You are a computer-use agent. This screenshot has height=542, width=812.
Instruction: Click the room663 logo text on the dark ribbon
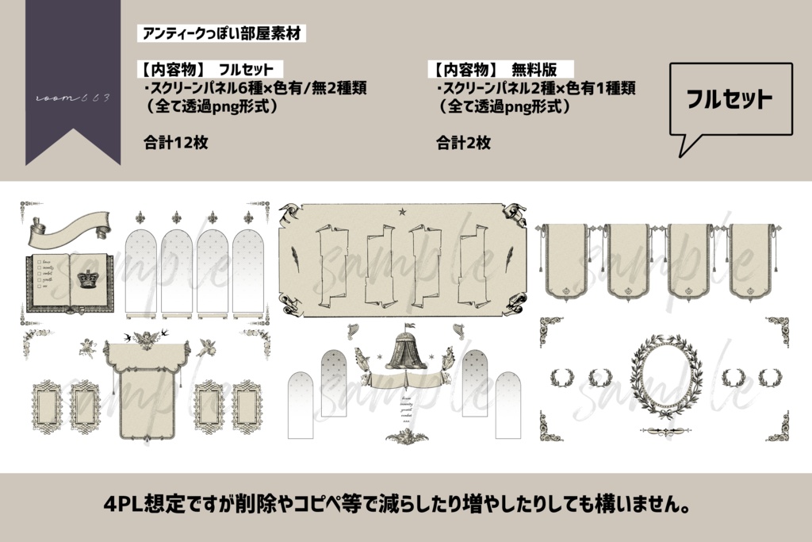point(73,98)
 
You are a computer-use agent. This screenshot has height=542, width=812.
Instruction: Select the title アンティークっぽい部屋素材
point(221,34)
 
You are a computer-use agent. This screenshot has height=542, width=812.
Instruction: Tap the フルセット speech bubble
point(730,100)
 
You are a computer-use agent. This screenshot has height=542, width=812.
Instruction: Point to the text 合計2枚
point(463,143)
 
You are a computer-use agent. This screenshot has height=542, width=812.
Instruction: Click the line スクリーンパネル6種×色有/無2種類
point(255,87)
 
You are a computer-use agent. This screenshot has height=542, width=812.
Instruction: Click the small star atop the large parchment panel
point(402,211)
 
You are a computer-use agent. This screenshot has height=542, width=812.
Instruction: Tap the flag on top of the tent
point(409,325)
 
